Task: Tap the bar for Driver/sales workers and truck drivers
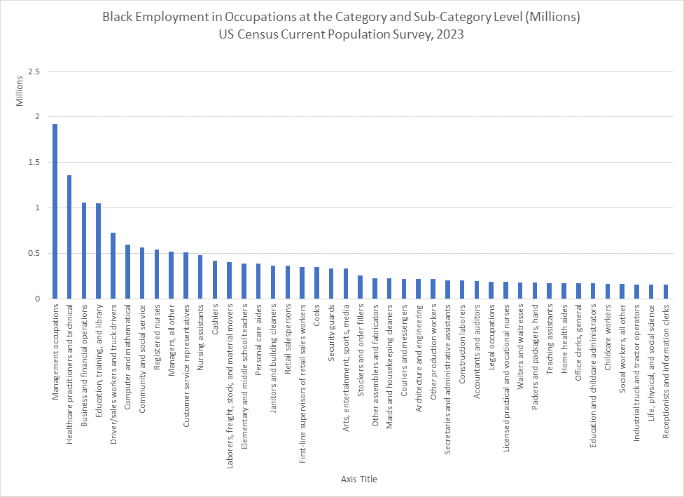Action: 113,266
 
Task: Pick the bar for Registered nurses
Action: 157,274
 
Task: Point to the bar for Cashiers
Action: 215,280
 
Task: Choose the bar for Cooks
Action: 316,283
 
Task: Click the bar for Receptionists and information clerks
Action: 666,292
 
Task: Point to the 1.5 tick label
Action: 34,163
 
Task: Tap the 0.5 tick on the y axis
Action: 34,254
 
